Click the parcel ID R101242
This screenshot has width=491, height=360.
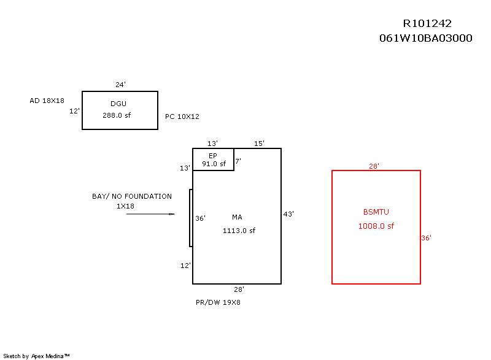(427, 24)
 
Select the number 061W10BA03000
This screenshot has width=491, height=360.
(425, 38)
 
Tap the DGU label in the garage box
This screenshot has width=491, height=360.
(118, 104)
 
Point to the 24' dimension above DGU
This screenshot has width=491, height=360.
(120, 85)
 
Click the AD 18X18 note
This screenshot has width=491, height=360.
(47, 100)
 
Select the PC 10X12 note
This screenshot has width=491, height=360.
(182, 117)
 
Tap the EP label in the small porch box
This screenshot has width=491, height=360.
(213, 155)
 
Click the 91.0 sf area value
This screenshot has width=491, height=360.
(214, 164)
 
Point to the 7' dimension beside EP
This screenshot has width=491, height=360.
(238, 161)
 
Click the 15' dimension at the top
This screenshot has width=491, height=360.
(259, 144)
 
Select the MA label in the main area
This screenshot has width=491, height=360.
(237, 218)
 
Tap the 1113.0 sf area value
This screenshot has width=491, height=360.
(239, 231)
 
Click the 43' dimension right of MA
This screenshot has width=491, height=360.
(288, 214)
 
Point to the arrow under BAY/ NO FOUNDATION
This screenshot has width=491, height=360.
(151, 214)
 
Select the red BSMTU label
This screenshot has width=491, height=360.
(376, 212)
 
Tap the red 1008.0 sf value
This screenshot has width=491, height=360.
(376, 226)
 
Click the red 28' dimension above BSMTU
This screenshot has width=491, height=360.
(374, 166)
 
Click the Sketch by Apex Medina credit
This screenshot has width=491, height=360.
(37, 356)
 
